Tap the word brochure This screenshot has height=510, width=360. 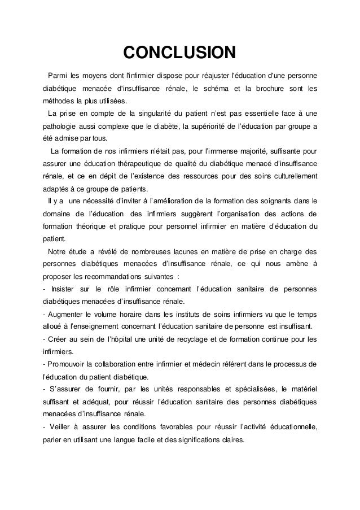(x=276, y=88)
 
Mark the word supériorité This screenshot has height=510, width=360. (x=212, y=126)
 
